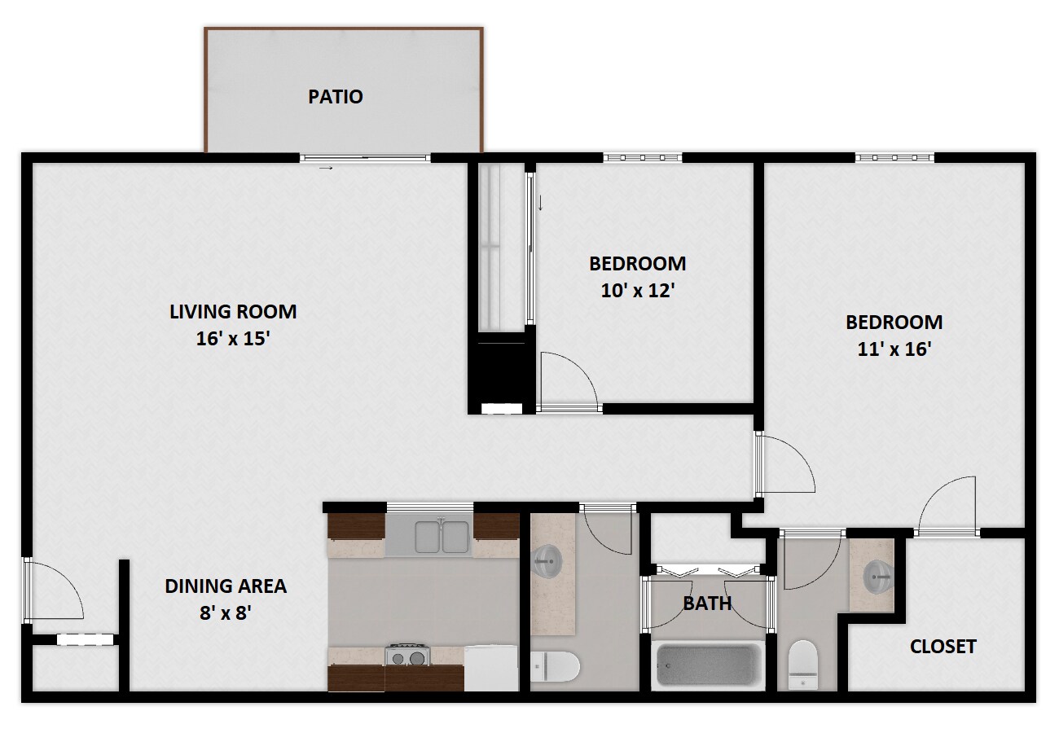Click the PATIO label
(x=335, y=97)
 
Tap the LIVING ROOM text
(x=233, y=311)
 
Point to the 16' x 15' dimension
(x=233, y=339)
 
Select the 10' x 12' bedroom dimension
(x=637, y=291)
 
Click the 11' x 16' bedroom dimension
(x=894, y=349)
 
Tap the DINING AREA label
(x=226, y=586)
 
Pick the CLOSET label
(x=943, y=647)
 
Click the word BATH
(x=706, y=604)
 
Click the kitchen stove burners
(x=407, y=655)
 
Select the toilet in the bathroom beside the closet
(x=803, y=664)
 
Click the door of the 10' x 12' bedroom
(x=567, y=380)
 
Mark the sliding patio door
(x=365, y=158)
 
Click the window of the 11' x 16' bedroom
(x=894, y=158)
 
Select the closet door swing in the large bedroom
(x=947, y=505)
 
